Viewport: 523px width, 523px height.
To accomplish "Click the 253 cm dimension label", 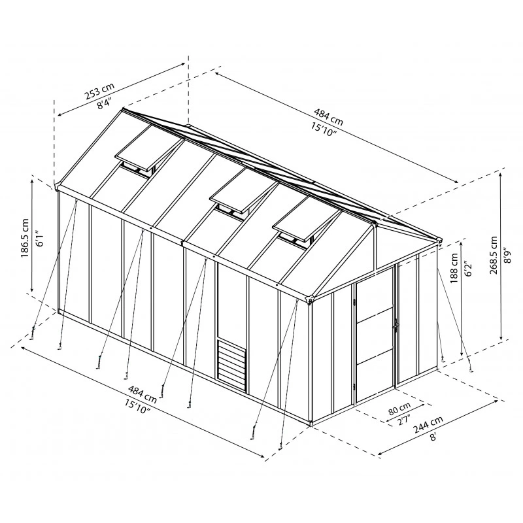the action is [99, 90].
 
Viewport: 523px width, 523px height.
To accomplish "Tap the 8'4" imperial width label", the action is [104, 103].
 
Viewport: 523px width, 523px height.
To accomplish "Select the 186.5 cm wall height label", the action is [25, 238].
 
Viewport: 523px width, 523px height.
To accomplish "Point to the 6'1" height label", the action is [39, 238].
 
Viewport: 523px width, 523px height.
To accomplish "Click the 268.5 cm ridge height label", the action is [494, 255].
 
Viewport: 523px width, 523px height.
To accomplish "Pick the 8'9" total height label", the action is [507, 255].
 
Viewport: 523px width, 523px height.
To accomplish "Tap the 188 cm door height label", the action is [454, 268].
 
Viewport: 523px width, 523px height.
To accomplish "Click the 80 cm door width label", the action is [399, 409].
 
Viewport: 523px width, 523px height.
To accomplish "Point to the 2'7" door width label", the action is [404, 420].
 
